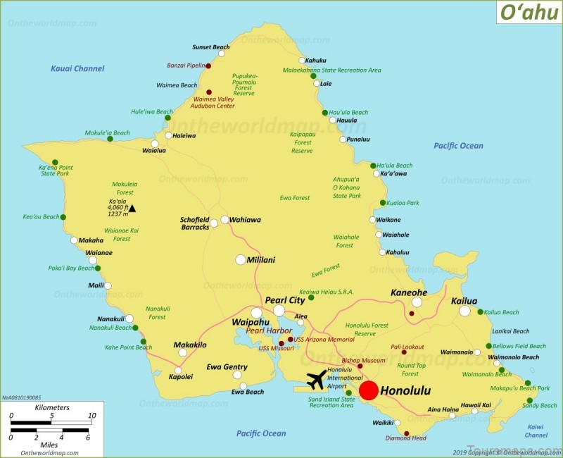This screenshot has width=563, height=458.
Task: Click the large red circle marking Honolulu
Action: point(369,391)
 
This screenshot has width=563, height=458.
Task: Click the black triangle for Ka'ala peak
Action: point(132,208)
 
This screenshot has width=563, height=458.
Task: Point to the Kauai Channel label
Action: point(77,68)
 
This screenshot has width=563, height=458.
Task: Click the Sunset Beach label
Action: point(210,47)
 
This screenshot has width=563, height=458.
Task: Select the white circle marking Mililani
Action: point(241,259)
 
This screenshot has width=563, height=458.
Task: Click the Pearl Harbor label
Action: point(269,330)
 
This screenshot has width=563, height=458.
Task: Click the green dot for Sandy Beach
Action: point(529,402)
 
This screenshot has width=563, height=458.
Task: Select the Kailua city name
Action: point(464,301)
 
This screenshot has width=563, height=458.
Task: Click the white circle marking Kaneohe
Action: point(417,302)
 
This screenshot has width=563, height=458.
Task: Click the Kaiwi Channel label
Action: point(536,431)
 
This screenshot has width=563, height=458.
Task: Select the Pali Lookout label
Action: point(408,347)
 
